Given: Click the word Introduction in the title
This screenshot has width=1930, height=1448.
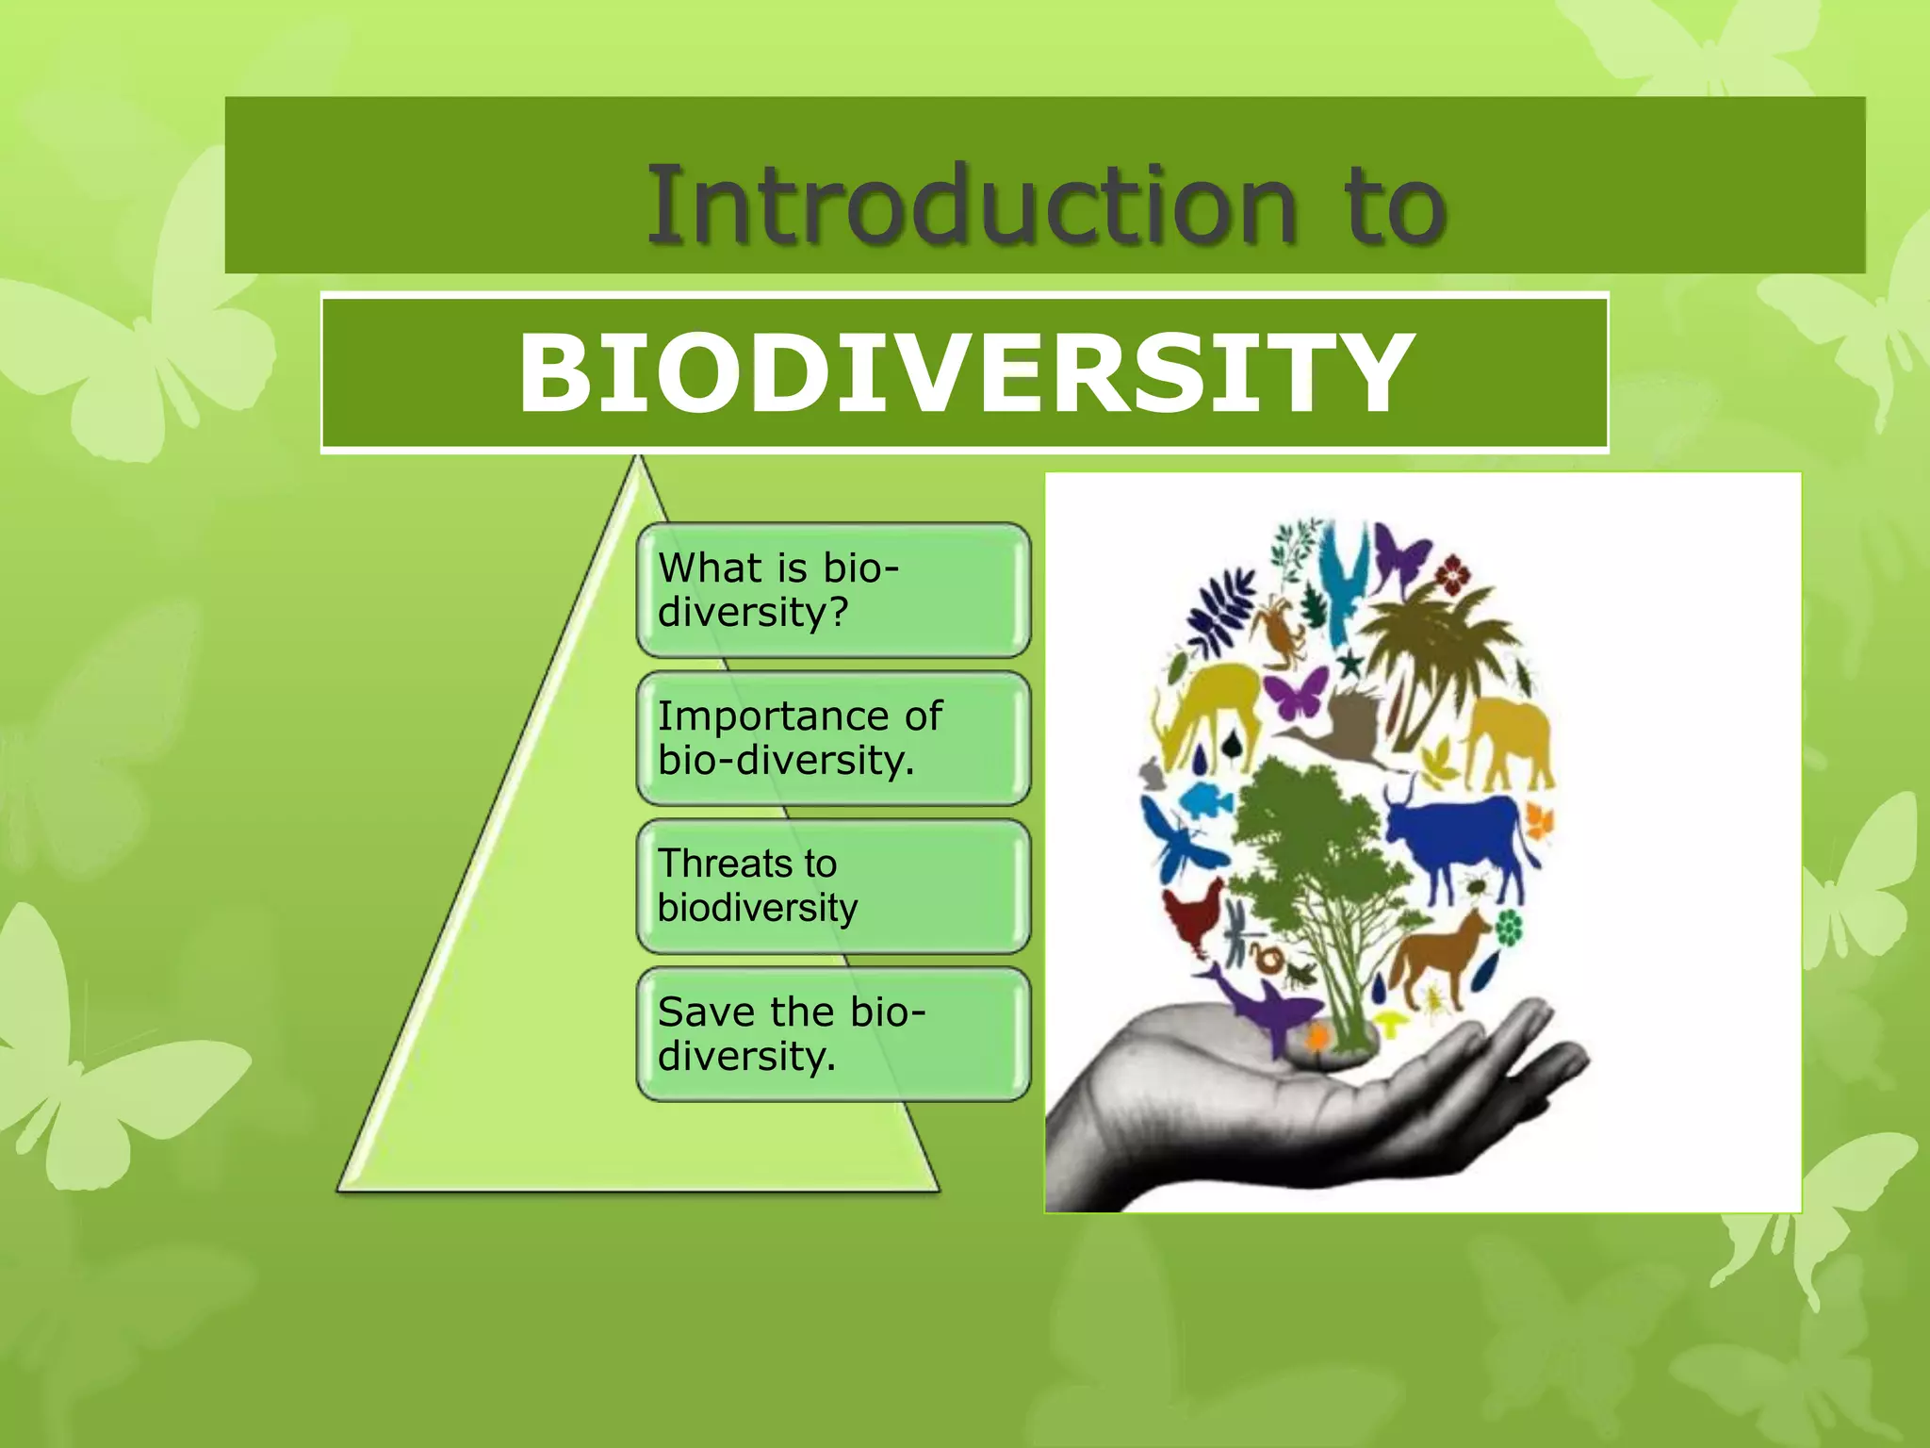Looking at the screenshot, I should (971, 205).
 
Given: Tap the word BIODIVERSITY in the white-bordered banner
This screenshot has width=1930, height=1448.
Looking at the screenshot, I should (965, 374).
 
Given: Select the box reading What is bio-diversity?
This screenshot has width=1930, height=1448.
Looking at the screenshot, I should (833, 590).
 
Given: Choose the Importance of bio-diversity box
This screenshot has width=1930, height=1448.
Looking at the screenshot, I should (833, 738).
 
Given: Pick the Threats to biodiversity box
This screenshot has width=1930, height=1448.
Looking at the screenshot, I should (833, 886).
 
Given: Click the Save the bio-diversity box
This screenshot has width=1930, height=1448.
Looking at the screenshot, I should (833, 1034).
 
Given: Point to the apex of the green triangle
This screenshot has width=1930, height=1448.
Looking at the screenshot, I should (639, 462).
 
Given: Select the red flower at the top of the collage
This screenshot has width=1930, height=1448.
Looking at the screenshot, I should (1452, 572).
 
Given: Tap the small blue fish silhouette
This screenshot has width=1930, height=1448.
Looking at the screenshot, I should (1205, 801).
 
